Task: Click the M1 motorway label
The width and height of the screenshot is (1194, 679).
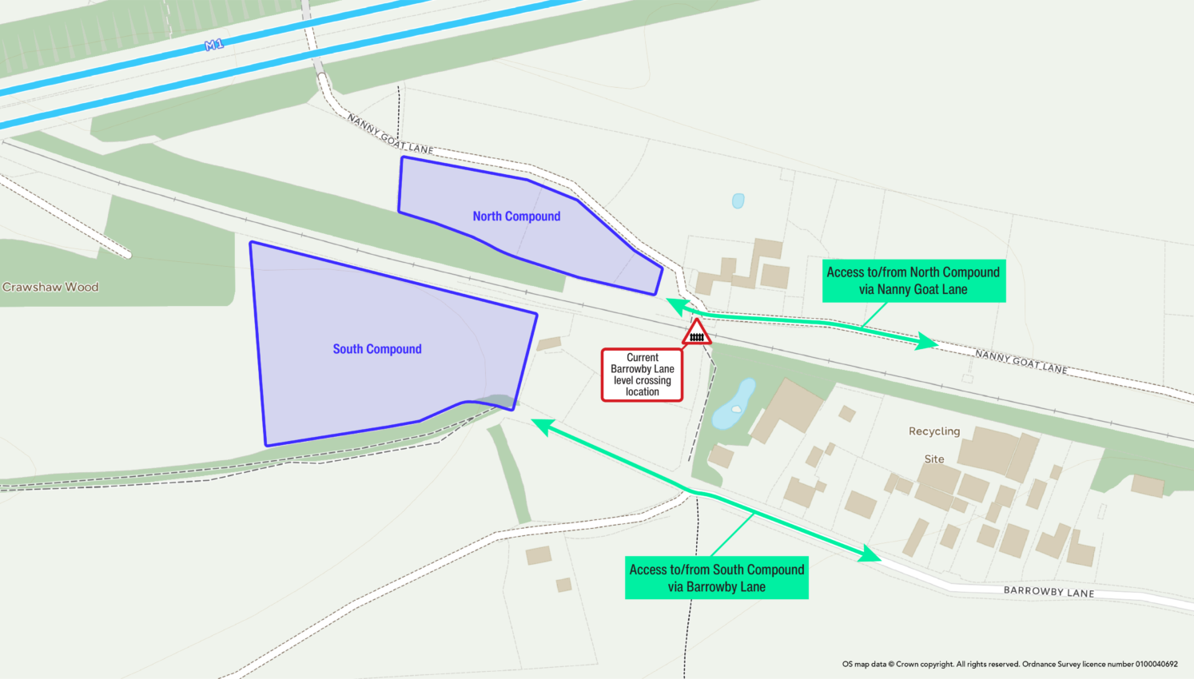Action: [x=214, y=46]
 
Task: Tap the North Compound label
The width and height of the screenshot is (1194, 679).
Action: [x=516, y=216]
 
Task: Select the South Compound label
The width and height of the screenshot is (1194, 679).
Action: [x=377, y=349]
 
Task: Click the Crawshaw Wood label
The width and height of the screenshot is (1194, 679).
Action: [x=50, y=287]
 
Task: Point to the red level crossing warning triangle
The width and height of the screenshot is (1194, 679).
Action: [x=697, y=333]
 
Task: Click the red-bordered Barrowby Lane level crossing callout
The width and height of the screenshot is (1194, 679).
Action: [x=642, y=375]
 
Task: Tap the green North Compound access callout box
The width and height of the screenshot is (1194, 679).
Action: [x=913, y=280]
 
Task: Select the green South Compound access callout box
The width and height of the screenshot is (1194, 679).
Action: [x=716, y=578]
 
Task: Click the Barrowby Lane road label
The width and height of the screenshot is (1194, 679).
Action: [x=1049, y=591]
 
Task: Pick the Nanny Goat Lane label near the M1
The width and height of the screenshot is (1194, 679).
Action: [x=390, y=134]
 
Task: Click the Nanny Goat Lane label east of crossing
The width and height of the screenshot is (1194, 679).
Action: [x=1021, y=361]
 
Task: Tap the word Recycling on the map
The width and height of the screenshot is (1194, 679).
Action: [x=934, y=431]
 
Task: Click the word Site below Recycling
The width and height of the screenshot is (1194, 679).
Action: [x=934, y=459]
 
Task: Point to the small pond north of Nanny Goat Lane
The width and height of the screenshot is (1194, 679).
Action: [x=738, y=201]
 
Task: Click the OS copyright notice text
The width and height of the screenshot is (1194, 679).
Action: [x=1009, y=664]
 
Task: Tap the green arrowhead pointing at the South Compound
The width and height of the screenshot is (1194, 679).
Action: [x=543, y=426]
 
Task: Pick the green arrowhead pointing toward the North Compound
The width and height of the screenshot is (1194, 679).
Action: [x=678, y=305]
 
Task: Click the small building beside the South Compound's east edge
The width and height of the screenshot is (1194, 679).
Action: [x=549, y=343]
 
